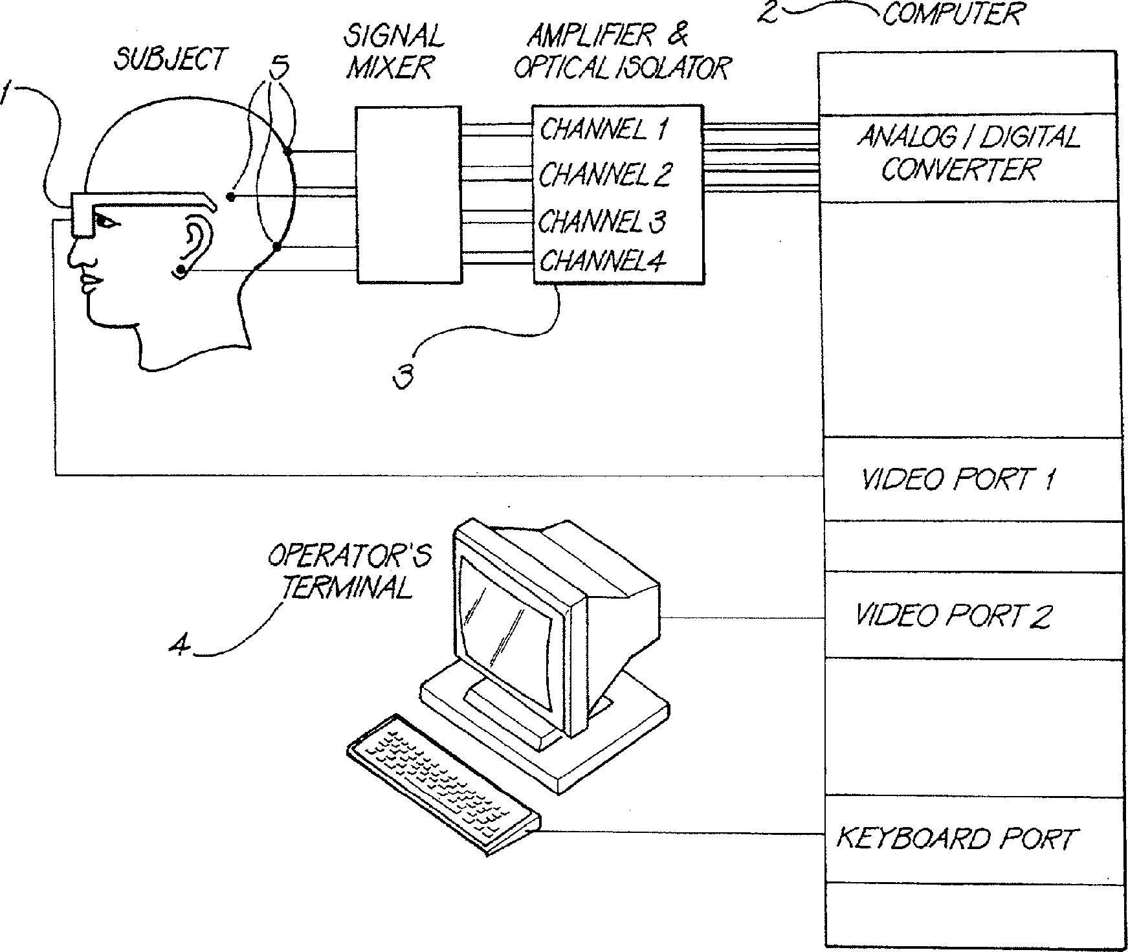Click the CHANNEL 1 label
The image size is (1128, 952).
pyautogui.click(x=603, y=130)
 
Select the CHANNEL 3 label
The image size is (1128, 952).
pyautogui.click(x=602, y=221)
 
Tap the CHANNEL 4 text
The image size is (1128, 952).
pyautogui.click(x=602, y=261)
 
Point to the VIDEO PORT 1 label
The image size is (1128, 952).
pyautogui.click(x=958, y=480)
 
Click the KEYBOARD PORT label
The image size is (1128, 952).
pyautogui.click(x=955, y=839)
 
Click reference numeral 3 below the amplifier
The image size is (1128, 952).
pyautogui.click(x=404, y=377)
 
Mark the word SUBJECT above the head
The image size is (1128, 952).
pyautogui.click(x=170, y=60)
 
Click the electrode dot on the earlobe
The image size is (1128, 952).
pyautogui.click(x=182, y=269)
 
